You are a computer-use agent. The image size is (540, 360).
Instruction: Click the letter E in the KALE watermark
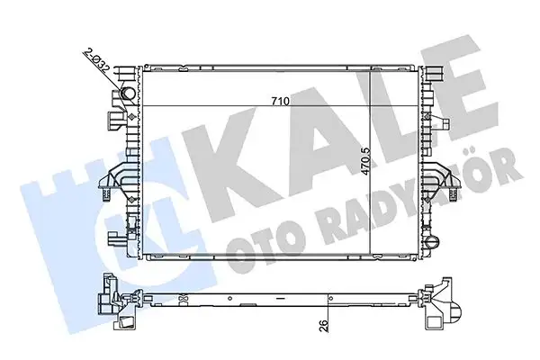click(468, 117)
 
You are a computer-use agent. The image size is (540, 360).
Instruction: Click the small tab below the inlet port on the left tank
click(116, 116)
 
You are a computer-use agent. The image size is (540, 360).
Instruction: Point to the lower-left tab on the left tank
click(116, 238)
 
